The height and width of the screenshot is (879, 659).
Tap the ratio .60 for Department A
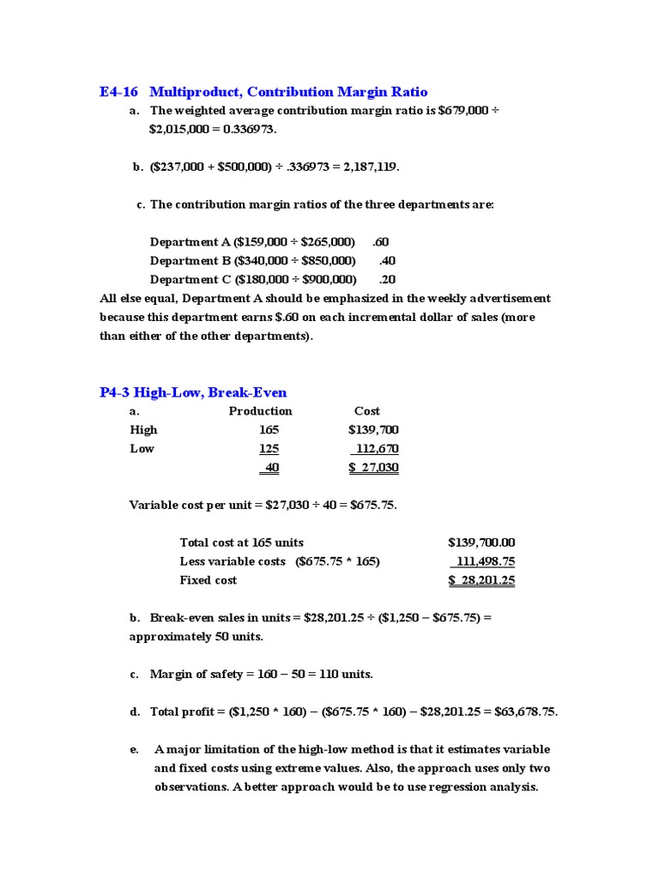(x=381, y=242)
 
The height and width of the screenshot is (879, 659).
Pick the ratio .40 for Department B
(x=387, y=261)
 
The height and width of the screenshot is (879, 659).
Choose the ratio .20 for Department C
(x=387, y=280)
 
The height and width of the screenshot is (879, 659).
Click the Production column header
(x=260, y=411)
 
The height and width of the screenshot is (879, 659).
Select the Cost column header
(x=366, y=411)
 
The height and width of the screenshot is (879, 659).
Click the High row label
(x=143, y=430)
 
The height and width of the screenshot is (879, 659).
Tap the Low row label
(x=142, y=449)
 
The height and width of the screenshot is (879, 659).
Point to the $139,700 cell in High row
(x=373, y=430)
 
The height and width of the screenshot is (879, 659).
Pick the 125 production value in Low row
(x=269, y=449)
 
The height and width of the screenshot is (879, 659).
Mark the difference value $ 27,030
(x=373, y=468)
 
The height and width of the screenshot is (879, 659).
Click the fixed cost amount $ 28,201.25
(x=481, y=580)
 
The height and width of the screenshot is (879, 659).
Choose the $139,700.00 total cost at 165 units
(x=481, y=543)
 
